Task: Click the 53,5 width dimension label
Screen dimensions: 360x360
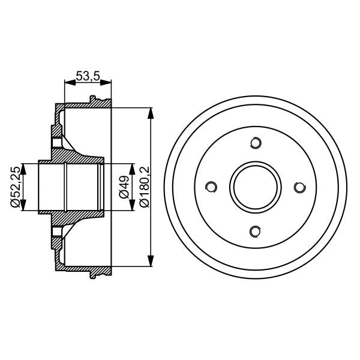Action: tap(86, 76)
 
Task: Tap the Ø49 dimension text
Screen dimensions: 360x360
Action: tap(123, 187)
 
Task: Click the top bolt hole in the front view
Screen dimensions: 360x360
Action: tap(256, 143)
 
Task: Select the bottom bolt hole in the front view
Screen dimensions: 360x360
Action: tap(256, 231)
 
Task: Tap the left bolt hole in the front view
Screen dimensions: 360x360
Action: tap(211, 187)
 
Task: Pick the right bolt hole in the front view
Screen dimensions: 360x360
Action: tap(299, 187)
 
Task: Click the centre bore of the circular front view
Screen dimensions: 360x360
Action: tap(256, 187)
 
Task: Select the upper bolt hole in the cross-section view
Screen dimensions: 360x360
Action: tap(57, 143)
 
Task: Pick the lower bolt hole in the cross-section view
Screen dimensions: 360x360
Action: tap(57, 231)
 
